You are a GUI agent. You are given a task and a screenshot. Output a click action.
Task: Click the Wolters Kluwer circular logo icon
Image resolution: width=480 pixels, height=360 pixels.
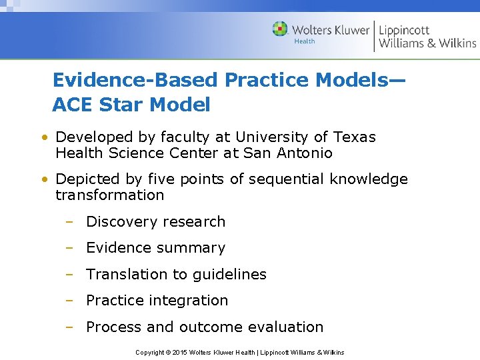[280, 29]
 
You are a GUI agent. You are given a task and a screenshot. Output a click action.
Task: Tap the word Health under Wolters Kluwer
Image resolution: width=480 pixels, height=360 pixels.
[304, 41]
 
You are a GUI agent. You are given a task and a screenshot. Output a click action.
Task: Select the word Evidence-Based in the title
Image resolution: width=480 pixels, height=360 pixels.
[135, 80]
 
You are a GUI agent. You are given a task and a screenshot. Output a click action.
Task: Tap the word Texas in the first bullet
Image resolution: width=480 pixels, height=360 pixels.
[354, 137]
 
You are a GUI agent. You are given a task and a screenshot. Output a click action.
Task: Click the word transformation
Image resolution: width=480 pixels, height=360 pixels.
[109, 195]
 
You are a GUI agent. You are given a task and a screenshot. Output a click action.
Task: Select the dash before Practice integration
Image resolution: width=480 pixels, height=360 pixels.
[69, 301]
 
